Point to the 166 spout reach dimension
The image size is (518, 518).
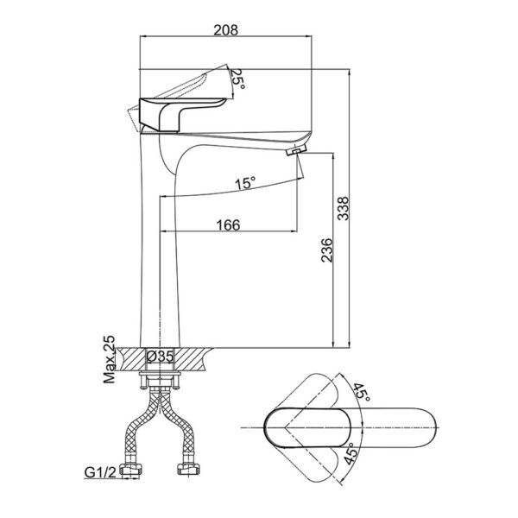click(x=226, y=224)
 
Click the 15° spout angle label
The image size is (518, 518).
click(x=245, y=183)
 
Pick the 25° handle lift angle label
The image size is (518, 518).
click(x=239, y=81)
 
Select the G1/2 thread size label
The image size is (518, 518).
click(x=101, y=472)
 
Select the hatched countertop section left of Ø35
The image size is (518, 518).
click(x=130, y=357)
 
